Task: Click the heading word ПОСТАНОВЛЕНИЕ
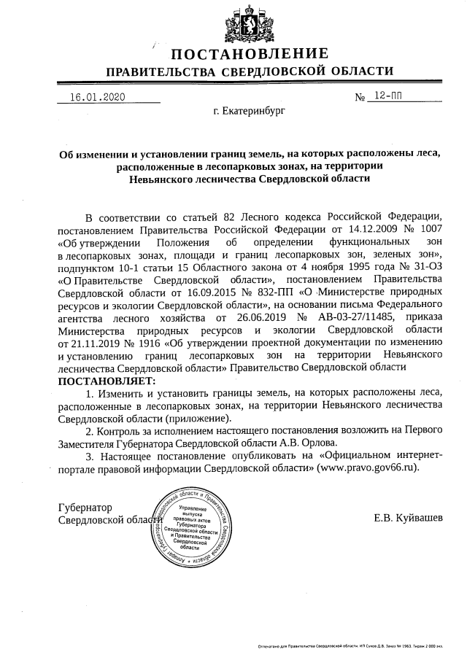tap(250, 54)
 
